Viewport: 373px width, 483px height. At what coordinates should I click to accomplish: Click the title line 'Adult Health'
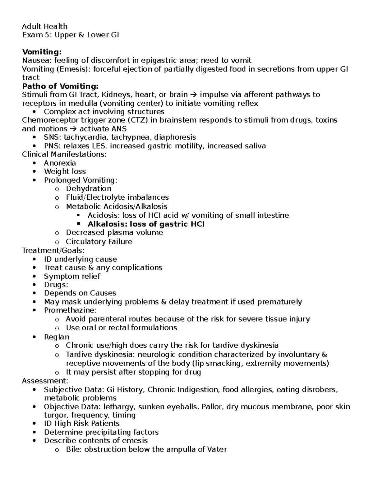44,26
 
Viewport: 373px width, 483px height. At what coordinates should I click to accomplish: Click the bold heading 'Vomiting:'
42,52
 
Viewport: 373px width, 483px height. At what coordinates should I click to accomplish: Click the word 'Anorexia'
60,163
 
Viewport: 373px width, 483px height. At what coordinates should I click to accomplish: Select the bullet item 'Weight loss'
65,171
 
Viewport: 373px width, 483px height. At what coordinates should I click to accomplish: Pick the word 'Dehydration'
89,188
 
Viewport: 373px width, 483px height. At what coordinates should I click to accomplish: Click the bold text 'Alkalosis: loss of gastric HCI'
146,224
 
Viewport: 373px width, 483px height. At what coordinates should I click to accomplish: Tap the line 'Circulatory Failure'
99,242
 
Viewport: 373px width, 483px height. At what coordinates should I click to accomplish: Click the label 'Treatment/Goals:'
53,250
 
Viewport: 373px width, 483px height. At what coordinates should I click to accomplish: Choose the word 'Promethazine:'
70,310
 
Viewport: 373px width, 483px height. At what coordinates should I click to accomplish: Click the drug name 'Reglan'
57,337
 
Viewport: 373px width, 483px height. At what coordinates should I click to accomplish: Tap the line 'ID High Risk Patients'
81,424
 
